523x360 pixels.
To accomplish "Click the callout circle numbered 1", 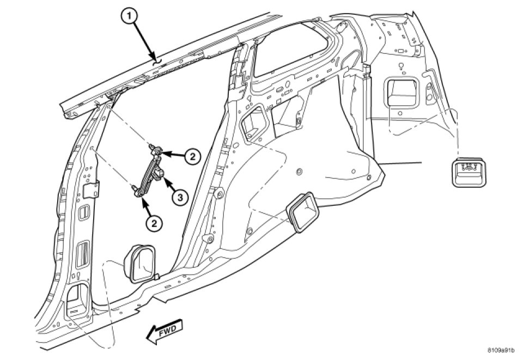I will [x=129, y=18].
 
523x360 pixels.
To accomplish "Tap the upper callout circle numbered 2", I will [x=191, y=157].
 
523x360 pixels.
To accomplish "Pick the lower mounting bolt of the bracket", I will [x=135, y=190].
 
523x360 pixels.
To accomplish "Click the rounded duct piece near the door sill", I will [x=140, y=263].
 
